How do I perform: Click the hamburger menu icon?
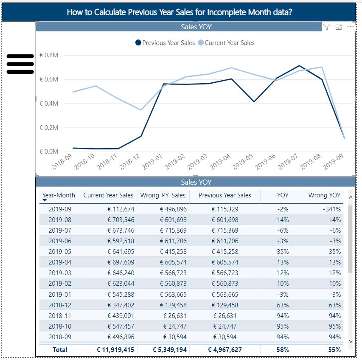[20, 64]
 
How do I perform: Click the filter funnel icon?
[327, 27]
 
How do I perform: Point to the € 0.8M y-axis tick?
[49, 56]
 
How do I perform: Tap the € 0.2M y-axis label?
[49, 127]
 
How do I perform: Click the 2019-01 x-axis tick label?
[152, 162]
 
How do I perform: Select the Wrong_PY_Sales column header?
[163, 195]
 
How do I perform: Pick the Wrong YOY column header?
[324, 195]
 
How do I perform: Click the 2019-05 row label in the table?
[60, 252]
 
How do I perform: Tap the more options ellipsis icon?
[351, 27]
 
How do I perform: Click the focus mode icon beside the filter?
[339, 27]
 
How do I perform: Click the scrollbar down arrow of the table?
[351, 341]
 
